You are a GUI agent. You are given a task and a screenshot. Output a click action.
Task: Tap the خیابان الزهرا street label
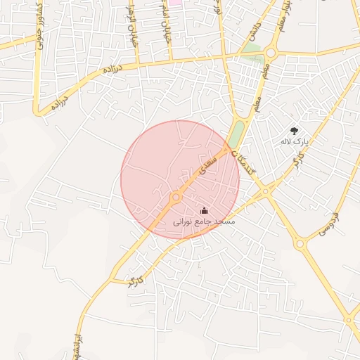(x=131, y=28)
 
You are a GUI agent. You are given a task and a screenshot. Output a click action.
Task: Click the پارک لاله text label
(x=295, y=142)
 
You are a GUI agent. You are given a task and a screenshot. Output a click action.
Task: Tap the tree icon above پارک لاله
(x=294, y=130)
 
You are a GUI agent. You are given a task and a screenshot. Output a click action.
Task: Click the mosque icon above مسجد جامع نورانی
(x=205, y=210)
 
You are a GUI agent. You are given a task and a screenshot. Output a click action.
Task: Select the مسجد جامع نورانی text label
(x=204, y=221)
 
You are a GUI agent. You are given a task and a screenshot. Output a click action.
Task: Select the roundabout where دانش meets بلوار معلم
(x=271, y=52)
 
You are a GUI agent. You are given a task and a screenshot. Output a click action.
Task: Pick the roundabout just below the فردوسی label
(x=301, y=244)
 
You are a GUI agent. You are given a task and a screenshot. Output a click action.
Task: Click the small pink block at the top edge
(x=174, y=2)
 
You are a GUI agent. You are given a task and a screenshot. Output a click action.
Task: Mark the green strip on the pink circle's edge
(x=238, y=133)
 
